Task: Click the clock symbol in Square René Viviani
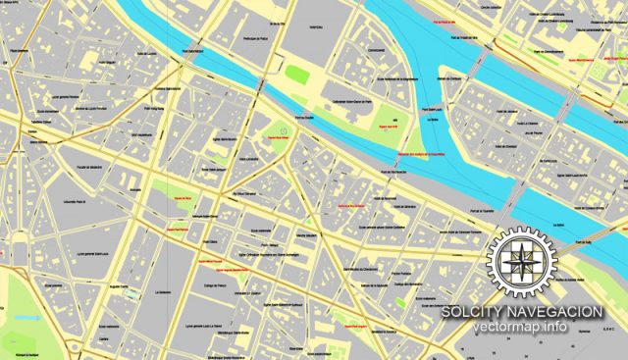pos(284,130)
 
